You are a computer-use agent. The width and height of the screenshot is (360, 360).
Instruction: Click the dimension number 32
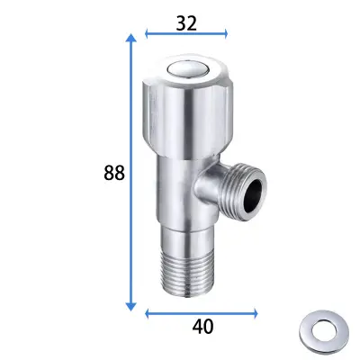[x=186, y=23]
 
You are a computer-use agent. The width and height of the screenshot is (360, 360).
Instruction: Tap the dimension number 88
[x=114, y=173]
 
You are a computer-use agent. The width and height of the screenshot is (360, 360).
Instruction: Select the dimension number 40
[x=202, y=327]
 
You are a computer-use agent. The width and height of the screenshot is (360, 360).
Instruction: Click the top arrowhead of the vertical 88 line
[x=130, y=38]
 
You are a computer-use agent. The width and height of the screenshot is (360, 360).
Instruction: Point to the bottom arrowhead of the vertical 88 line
[x=130, y=306]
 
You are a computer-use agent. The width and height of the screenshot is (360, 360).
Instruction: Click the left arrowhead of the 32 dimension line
[x=147, y=33]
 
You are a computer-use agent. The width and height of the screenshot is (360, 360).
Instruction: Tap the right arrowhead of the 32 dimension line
[x=226, y=33]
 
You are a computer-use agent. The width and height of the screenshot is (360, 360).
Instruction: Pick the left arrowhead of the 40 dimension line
[x=147, y=314]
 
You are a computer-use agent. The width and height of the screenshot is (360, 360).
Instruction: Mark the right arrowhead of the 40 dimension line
[x=256, y=314]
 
